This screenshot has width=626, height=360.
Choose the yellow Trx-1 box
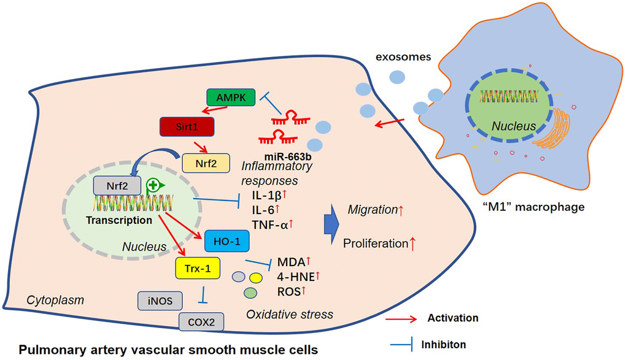pos(198,267)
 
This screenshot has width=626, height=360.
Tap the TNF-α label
pos(265,224)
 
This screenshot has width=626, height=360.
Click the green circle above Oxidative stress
pos(250,293)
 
